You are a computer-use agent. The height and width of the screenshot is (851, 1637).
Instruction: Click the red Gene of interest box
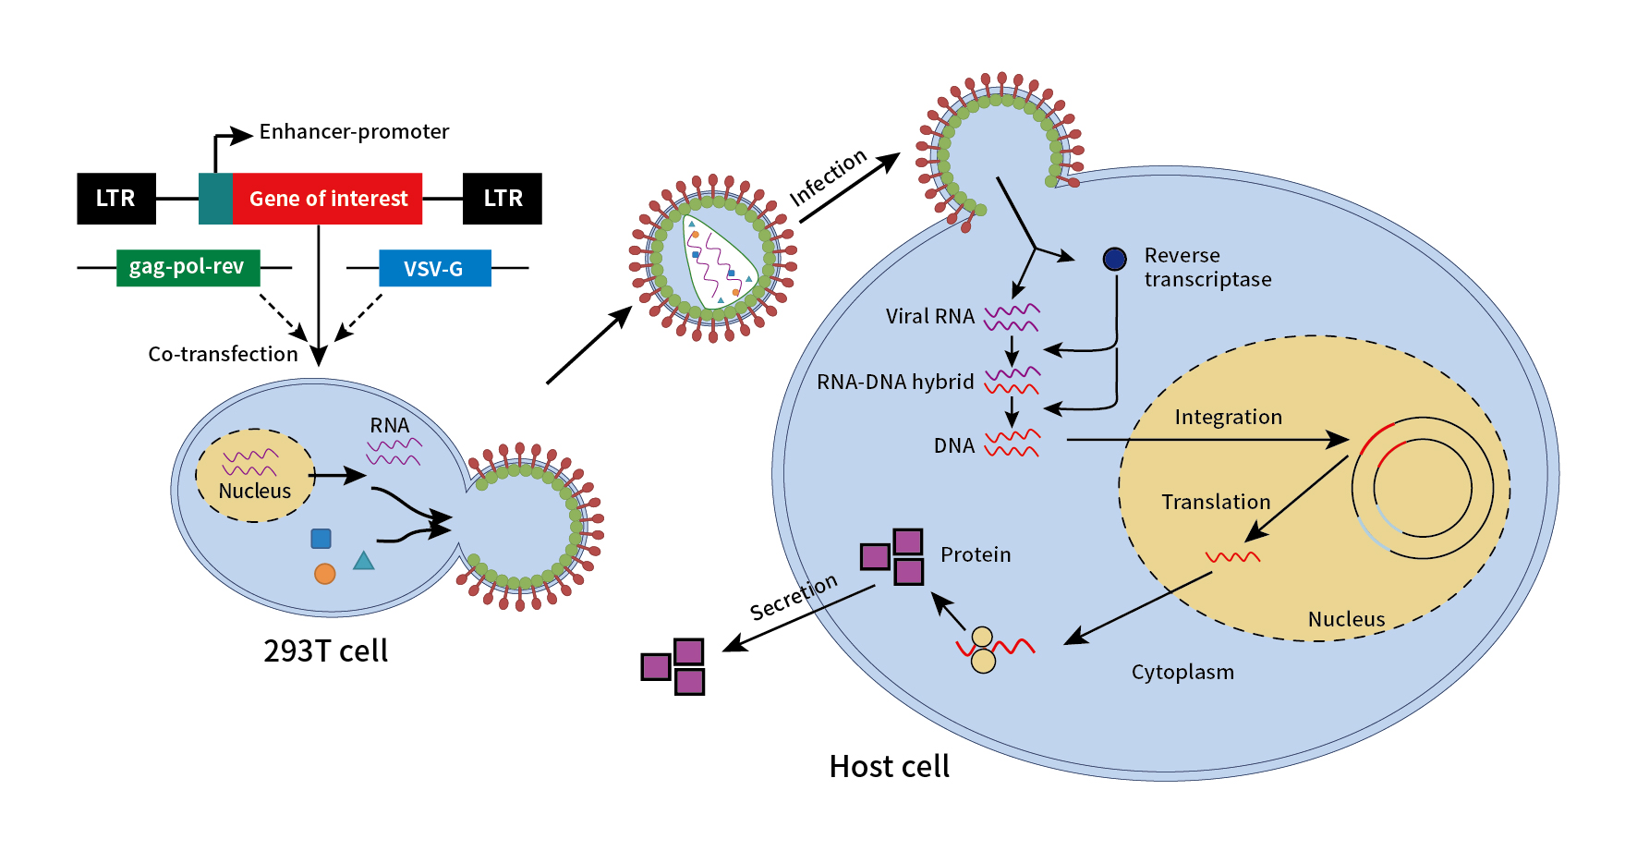pos(327,199)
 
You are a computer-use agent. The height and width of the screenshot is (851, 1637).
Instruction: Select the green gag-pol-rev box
pos(188,268)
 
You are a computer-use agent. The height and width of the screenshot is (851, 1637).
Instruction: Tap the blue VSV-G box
pos(434,269)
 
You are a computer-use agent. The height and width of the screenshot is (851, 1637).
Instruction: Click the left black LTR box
pos(115,199)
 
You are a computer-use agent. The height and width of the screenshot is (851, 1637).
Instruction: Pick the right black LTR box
pos(503,199)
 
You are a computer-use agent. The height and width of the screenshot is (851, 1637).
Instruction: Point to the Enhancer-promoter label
pos(354,132)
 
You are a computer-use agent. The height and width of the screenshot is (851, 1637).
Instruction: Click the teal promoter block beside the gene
pos(215,199)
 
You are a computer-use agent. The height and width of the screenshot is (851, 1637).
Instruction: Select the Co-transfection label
pos(223,355)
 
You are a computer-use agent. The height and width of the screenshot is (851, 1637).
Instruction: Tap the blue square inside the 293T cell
pos(321,539)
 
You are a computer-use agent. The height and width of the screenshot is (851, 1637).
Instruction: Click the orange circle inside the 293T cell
pos(324,574)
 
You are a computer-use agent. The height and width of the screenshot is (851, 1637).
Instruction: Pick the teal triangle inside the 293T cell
pos(364,561)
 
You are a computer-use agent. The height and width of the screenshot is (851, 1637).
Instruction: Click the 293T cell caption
pos(325,651)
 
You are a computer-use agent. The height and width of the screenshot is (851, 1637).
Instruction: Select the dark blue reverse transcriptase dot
pos(1115,259)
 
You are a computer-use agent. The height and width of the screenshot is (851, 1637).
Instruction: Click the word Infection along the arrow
pos(828,177)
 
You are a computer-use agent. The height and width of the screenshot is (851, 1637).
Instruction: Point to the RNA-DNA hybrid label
pos(895,383)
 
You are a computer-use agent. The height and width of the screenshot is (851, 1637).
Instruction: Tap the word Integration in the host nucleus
pos(1228,418)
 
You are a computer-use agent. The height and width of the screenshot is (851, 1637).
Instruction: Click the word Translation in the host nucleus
pos(1216,503)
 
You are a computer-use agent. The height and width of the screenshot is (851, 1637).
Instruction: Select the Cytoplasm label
pos(1182,673)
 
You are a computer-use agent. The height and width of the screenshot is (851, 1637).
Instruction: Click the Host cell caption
pos(889,767)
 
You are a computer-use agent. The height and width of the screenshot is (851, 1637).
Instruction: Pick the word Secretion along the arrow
pos(793,597)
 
